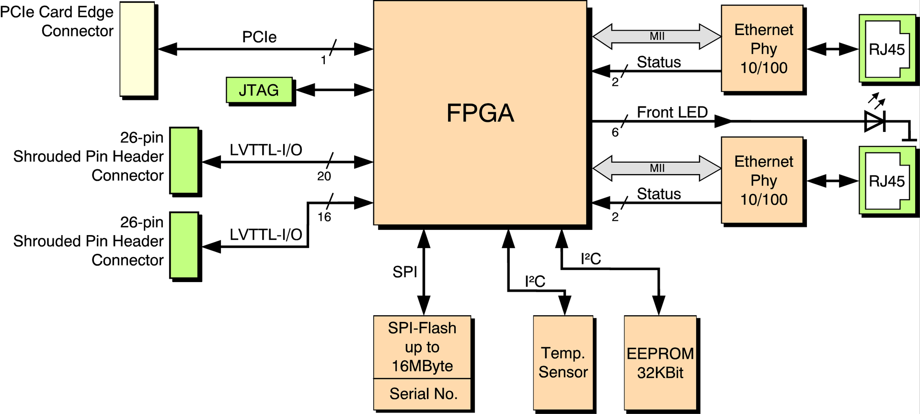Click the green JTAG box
click(259, 90)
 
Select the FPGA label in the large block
click(480, 113)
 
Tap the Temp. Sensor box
click(563, 363)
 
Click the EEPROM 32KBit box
click(660, 363)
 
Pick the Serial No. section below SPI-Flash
click(422, 394)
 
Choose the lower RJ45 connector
click(887, 180)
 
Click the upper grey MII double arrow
click(657, 36)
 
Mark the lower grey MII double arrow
click(657, 168)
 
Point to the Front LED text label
click(672, 112)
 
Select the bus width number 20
click(324, 177)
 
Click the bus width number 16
click(324, 217)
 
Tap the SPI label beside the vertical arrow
click(405, 272)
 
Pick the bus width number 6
click(615, 132)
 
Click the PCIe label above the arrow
click(259, 37)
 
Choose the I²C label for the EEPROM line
click(591, 259)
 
